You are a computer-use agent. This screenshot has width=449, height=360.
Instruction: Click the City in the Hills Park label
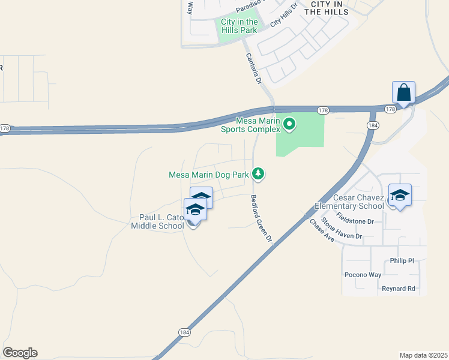pos(238,26)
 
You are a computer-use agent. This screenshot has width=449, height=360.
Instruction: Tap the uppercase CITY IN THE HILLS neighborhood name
pos(327,8)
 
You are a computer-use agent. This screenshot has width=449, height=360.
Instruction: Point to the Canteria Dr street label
pos(255,68)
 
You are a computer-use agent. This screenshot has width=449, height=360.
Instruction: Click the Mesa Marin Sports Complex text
pos(250,125)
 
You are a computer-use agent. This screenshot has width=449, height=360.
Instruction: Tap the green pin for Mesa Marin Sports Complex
pos(289,124)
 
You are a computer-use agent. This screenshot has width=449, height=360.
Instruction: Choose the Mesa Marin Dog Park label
pos(208,175)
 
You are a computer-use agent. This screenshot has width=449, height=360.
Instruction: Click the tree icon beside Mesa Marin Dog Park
pos(258,173)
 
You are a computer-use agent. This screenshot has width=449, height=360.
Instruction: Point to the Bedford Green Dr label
pos(262,218)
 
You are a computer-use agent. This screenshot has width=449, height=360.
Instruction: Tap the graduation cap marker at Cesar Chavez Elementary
pos(400,196)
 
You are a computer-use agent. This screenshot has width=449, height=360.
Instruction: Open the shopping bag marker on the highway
pos(403,93)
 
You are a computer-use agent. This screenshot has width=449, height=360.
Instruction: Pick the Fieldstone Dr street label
pos(355,218)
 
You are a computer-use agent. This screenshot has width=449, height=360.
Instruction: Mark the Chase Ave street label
pos(321,230)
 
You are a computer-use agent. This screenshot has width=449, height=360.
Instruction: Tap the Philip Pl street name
pos(402,260)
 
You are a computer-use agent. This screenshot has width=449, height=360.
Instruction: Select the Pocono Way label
pos(363,275)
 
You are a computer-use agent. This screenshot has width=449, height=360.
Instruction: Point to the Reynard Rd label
pos(399,289)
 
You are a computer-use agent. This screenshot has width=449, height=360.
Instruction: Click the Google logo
pos(20,353)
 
